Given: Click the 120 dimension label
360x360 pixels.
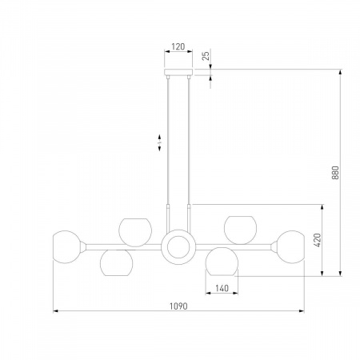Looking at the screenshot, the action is coord(178,46).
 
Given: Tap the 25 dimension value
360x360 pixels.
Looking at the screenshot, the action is coord(206,56).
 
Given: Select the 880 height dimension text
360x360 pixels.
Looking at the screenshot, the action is coord(335,173).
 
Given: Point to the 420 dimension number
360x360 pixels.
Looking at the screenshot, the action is coord(318,240).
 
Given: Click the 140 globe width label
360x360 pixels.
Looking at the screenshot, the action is coord(222,288).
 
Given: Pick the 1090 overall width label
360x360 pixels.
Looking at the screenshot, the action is coord(178,306).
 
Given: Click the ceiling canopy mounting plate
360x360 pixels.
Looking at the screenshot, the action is coord(178,72).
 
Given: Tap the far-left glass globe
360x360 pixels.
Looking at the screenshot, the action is coord(66,247).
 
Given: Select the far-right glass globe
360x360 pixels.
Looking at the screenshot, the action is coord(290,247).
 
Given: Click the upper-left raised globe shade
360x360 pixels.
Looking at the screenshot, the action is coord(135,232).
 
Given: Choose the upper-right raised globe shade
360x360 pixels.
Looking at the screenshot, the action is coord(240,230).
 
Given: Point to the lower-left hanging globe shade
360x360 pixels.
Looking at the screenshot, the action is coord(117,262).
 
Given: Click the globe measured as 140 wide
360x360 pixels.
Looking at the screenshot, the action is coord(222,262).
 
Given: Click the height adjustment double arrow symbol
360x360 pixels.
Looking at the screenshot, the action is coord(159,142).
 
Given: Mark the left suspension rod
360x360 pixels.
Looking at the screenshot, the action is coord(168,154).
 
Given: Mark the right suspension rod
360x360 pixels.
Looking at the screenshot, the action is coord(189,154).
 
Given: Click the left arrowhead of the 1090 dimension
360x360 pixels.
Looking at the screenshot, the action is coord(55,310).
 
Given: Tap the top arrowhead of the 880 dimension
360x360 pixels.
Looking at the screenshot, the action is coord(340,72).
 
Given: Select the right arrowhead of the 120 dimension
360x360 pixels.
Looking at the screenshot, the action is coord(190,51).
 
